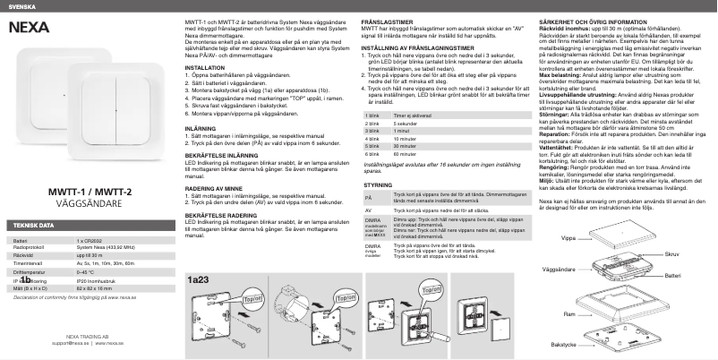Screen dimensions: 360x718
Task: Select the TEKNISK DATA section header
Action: [x=31, y=225]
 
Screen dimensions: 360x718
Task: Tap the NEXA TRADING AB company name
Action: [x=88, y=334]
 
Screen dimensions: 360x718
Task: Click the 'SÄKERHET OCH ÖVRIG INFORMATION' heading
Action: [x=605, y=19]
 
